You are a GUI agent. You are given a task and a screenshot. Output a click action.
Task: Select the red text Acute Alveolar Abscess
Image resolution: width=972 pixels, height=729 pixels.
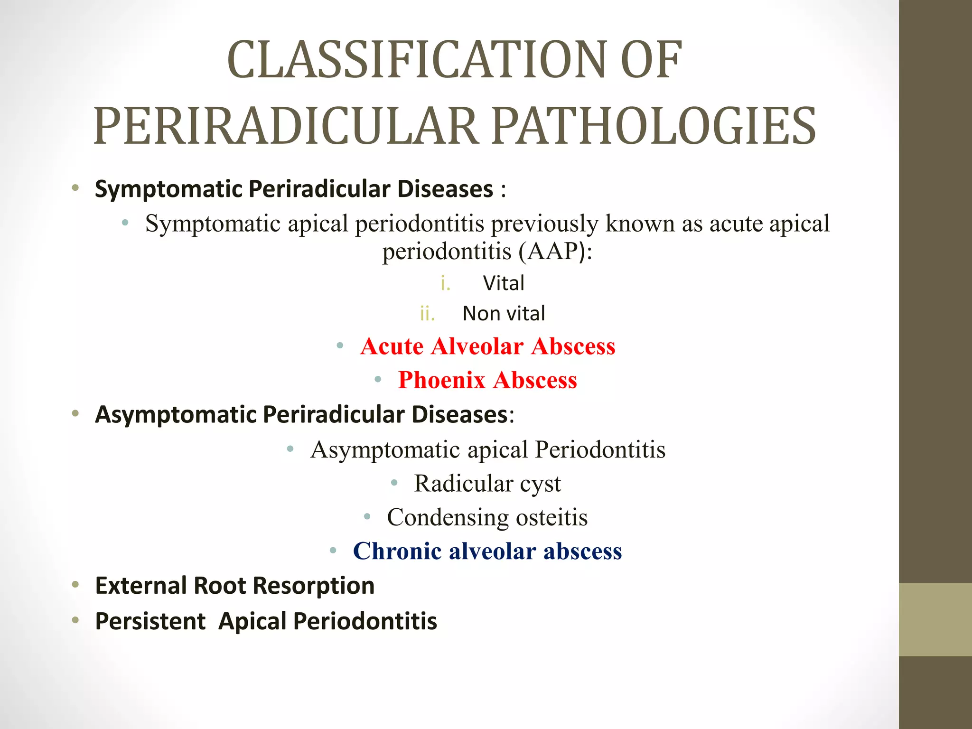[x=487, y=346]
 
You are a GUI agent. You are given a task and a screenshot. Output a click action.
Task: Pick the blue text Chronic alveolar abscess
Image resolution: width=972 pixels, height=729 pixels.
[x=487, y=551]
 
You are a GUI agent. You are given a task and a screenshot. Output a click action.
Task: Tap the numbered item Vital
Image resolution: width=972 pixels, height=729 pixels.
[x=504, y=283]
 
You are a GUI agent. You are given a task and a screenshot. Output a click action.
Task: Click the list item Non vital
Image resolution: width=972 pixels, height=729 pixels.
[x=504, y=314]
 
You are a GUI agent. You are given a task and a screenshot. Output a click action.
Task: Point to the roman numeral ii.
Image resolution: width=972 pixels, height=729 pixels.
[x=427, y=314]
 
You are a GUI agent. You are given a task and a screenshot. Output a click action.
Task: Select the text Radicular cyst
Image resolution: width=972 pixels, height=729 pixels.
[x=487, y=483]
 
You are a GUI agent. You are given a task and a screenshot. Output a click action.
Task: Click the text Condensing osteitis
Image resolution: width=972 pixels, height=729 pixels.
[x=487, y=517]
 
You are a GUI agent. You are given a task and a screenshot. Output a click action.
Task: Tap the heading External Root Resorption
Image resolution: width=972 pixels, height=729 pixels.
[x=235, y=586]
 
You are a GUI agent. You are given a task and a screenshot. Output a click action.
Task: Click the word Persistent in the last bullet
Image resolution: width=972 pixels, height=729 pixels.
[x=150, y=621]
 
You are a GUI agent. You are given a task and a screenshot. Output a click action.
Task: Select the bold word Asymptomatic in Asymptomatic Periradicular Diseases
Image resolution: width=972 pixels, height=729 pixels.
[x=176, y=415]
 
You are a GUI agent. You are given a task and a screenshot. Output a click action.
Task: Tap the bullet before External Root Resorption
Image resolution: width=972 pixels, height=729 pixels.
[x=75, y=586]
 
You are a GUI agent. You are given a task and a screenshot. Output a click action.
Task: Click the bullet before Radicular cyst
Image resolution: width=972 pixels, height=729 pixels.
[x=394, y=483]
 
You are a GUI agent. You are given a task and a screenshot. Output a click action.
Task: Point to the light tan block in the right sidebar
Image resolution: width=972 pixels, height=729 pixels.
[x=935, y=619]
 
